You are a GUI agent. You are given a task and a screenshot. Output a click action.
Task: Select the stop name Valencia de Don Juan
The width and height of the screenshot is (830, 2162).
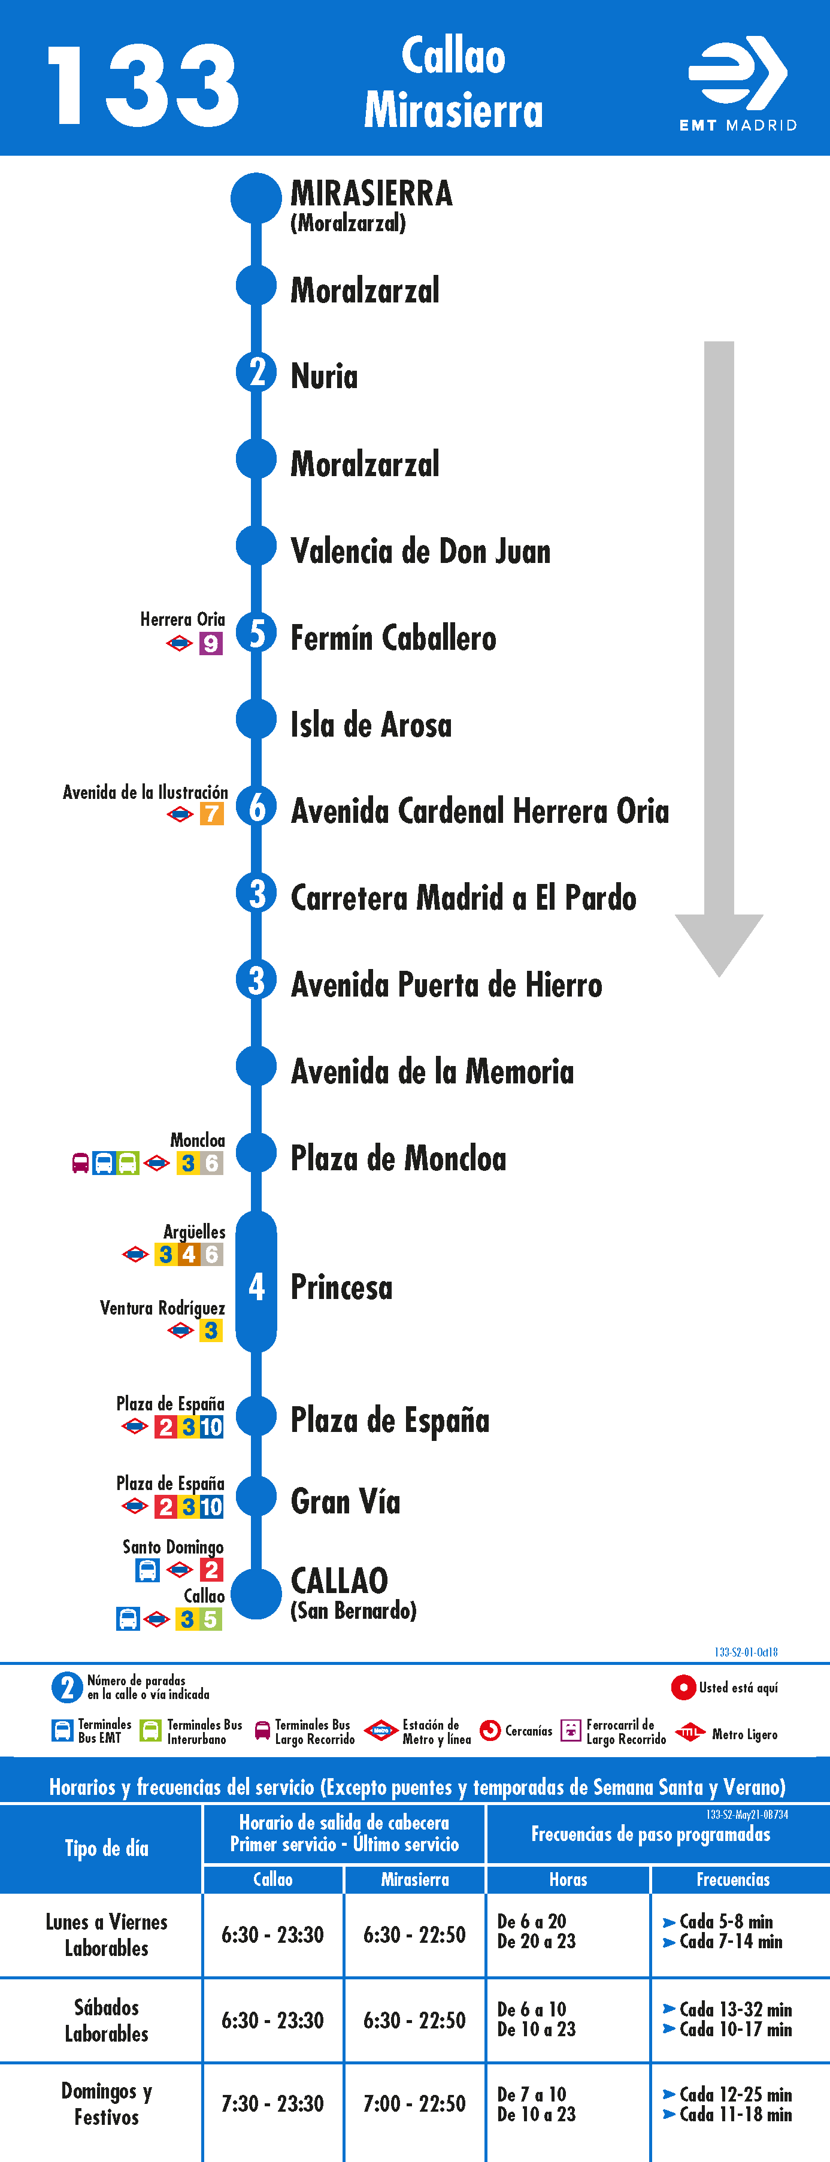420,552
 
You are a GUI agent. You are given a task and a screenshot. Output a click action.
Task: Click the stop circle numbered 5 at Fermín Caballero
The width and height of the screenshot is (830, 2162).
256,633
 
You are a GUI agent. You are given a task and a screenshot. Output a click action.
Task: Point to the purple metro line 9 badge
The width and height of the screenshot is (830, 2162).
211,644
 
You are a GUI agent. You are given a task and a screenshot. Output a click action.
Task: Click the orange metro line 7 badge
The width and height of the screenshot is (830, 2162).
211,814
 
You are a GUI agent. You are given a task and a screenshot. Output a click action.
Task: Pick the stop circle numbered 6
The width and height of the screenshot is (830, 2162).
256,807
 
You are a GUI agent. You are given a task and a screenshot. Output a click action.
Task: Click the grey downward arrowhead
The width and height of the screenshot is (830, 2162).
719,945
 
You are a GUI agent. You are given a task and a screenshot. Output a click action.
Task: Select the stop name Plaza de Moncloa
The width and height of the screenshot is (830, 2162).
399,1159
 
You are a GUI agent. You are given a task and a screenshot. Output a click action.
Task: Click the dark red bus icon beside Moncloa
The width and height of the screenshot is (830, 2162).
81,1163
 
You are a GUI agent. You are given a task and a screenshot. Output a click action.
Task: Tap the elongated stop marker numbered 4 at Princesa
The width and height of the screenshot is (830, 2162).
256,1282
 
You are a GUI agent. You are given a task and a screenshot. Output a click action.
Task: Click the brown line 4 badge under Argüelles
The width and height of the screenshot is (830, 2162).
189,1254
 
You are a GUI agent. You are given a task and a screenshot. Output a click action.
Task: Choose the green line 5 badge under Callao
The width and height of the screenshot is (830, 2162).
211,1619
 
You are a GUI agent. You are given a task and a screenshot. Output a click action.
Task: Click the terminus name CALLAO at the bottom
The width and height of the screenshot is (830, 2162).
339,1580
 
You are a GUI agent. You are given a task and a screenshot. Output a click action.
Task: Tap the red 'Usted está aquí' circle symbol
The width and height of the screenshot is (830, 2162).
683,1687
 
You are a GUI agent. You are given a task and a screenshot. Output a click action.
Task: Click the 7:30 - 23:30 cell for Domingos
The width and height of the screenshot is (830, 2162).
272,2103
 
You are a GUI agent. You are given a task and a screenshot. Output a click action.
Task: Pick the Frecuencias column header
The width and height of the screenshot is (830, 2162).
732,1879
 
